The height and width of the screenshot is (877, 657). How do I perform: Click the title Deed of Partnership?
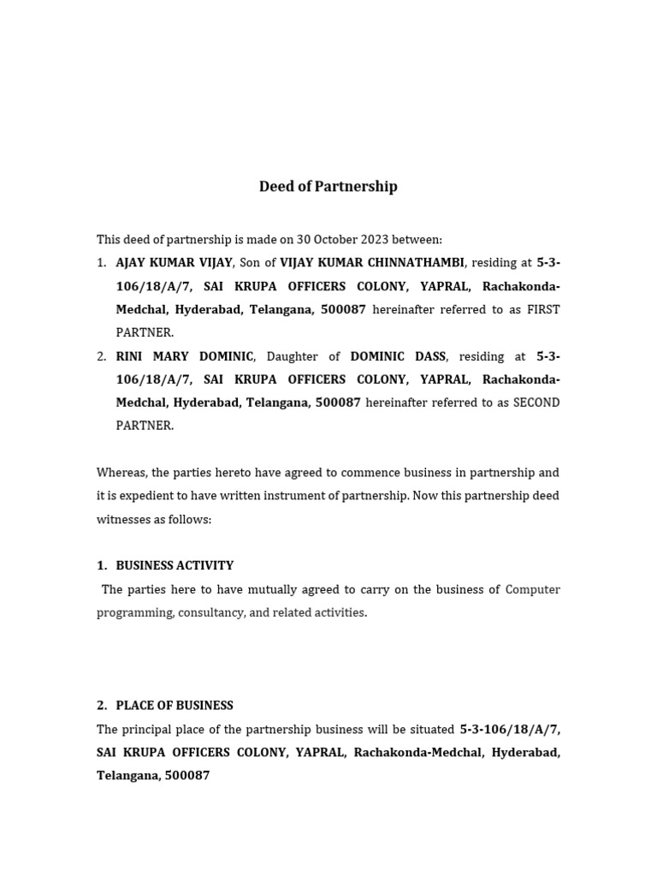pyautogui.click(x=328, y=187)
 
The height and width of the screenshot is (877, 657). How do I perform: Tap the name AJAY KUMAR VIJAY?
pyautogui.click(x=174, y=263)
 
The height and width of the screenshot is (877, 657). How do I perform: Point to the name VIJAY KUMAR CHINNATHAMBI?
pyautogui.click(x=372, y=263)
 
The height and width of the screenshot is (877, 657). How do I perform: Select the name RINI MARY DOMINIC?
pyautogui.click(x=185, y=356)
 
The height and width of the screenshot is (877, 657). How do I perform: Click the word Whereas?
pyautogui.click(x=121, y=473)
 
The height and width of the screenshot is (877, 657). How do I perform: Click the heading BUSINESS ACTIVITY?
pyautogui.click(x=175, y=565)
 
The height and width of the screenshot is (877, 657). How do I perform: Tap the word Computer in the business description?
pyautogui.click(x=532, y=589)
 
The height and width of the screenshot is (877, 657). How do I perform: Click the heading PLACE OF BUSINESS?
pyautogui.click(x=175, y=706)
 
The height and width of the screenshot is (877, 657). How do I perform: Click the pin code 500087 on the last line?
pyautogui.click(x=186, y=776)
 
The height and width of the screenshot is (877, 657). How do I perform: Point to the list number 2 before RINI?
pyautogui.click(x=101, y=356)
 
